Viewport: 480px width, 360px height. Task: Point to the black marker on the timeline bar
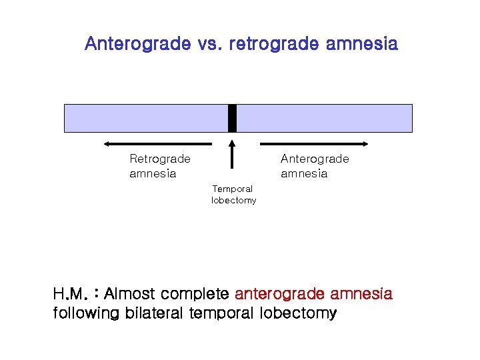(232, 118)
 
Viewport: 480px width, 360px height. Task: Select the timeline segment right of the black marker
(325, 118)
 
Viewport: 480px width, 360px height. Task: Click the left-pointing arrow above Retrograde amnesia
(157, 143)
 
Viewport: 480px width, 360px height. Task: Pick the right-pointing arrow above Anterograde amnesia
(314, 143)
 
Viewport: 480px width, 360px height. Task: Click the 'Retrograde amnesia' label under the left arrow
(159, 166)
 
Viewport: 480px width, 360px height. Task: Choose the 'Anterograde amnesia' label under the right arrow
(314, 166)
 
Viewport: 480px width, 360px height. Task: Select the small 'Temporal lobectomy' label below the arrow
(233, 195)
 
